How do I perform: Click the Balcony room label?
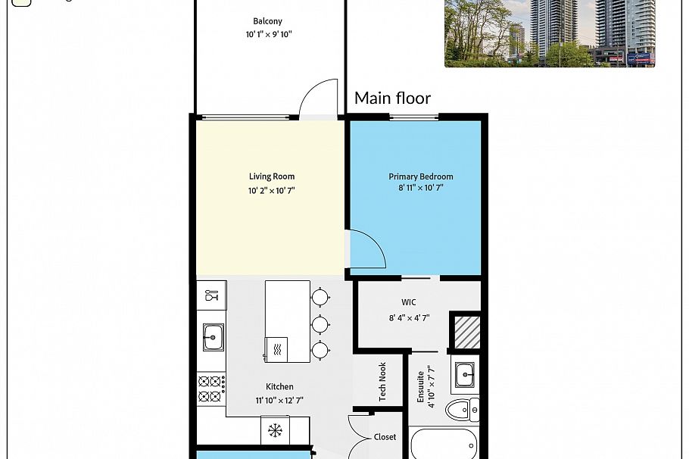[267, 21]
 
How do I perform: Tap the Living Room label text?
[272, 176]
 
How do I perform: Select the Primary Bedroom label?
[420, 176]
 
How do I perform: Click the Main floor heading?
[392, 98]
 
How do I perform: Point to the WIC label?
[409, 302]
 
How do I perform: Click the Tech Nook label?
[382, 382]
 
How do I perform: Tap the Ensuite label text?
[420, 387]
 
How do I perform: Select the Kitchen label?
[279, 387]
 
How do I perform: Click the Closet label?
[385, 437]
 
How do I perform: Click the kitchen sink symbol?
[213, 337]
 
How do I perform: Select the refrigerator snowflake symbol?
[275, 430]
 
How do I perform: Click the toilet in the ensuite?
[463, 411]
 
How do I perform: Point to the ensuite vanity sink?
[464, 375]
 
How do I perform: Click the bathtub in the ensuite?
[444, 444]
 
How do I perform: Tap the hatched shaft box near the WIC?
[467, 333]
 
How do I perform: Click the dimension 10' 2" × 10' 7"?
[272, 191]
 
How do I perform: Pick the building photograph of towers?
[550, 33]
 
